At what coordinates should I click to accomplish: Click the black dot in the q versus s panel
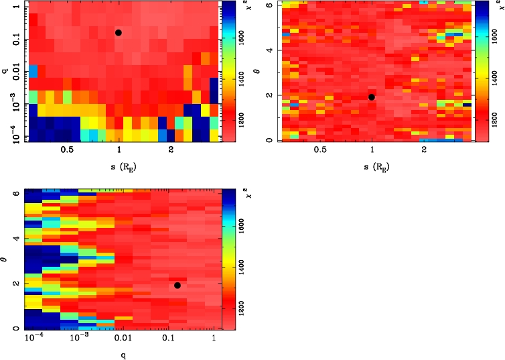[x=119, y=32]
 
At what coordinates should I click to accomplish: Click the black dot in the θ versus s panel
[x=372, y=97]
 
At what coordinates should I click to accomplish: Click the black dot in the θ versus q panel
[x=177, y=286]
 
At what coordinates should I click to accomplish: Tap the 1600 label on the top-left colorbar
[x=231, y=41]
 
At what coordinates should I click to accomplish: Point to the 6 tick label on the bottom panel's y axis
[x=15, y=193]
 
